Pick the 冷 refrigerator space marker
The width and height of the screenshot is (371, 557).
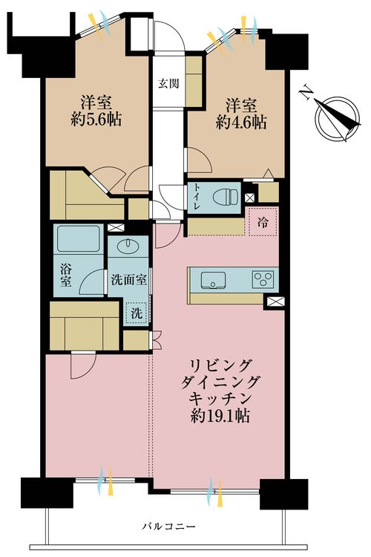pos(262,221)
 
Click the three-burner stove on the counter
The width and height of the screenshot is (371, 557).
pos(263,279)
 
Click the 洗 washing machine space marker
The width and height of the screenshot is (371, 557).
pos(137,314)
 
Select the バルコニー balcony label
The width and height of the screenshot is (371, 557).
pos(168,527)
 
